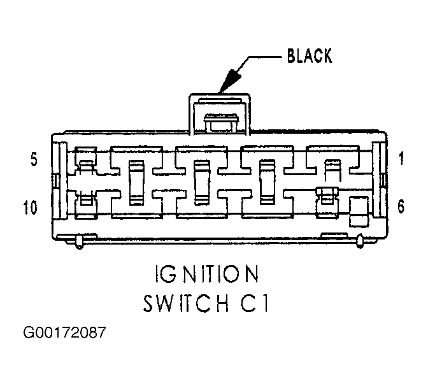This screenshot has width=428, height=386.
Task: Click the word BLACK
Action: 310,55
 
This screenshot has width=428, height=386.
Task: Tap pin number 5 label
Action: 34,160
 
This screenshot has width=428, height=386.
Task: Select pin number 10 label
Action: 30,208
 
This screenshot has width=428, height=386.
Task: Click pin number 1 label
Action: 401,159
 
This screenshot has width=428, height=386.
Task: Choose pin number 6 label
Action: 401,206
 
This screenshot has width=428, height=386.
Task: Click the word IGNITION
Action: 207,274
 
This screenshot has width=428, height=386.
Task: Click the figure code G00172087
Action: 65,332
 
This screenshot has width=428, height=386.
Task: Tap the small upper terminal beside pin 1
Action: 333,171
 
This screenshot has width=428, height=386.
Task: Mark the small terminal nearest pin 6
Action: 327,196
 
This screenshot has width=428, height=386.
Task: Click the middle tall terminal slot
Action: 202,183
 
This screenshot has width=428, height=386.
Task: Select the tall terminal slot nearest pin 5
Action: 136,182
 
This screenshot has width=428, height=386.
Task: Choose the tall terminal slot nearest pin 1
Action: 267,182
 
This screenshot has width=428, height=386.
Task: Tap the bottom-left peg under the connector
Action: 79,242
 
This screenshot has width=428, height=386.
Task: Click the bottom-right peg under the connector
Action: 360,241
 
